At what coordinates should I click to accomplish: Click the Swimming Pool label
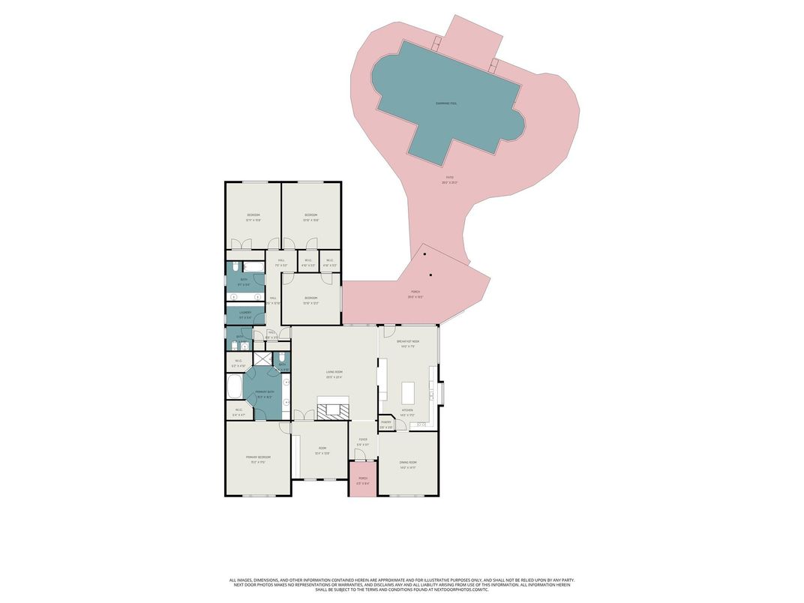[x=447, y=103]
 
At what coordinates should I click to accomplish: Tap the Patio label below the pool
[x=450, y=178]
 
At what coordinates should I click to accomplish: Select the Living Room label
[x=334, y=374]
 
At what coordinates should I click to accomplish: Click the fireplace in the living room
[x=332, y=409]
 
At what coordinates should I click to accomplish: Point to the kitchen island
[x=408, y=393]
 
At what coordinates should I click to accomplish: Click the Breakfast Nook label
[x=408, y=342]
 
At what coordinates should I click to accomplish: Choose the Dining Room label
[x=408, y=463]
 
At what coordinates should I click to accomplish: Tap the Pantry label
[x=386, y=423]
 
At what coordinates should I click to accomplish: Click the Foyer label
[x=363, y=441]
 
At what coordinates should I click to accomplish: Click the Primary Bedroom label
[x=258, y=458]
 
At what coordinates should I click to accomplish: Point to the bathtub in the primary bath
[x=234, y=388]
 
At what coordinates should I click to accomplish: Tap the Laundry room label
[x=245, y=313]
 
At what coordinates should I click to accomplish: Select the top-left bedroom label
[x=253, y=216]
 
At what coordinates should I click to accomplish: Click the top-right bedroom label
[x=311, y=216]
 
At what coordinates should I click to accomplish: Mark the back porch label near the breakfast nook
[x=415, y=293]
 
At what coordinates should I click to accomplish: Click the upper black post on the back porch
[x=424, y=254]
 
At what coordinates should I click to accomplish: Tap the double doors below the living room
[x=298, y=415]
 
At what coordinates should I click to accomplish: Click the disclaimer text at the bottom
[x=402, y=584]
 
